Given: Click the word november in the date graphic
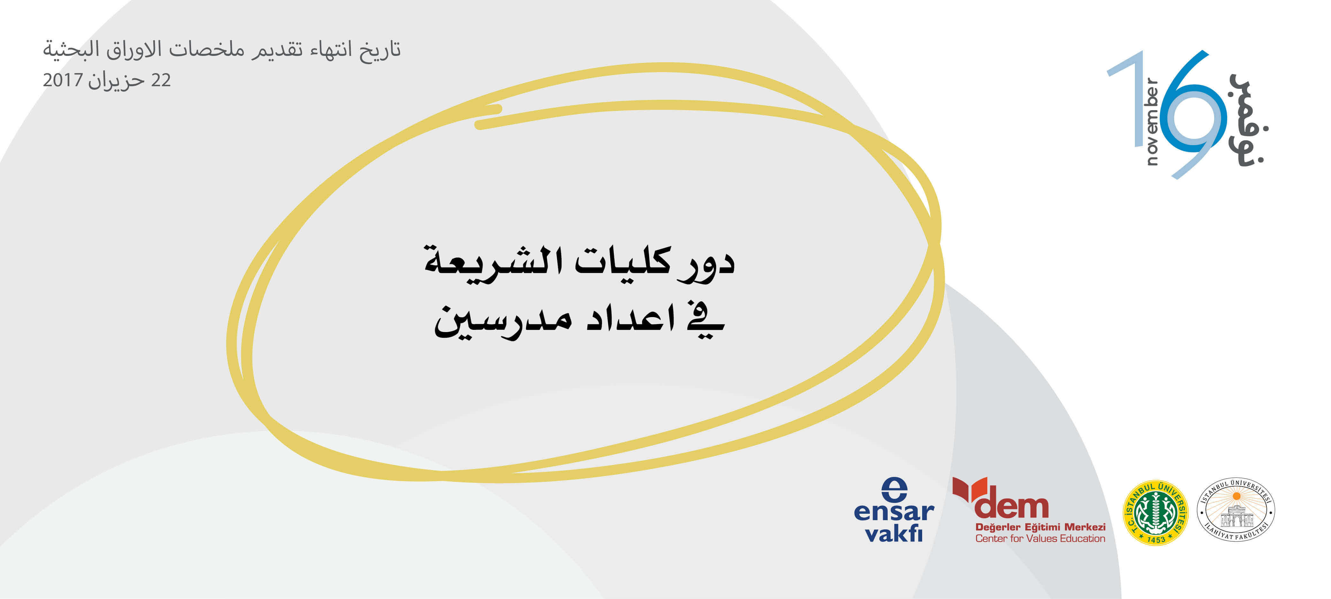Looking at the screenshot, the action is coord(1152,121).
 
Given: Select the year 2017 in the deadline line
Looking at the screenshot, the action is coord(63,80).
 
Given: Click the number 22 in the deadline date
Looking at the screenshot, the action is coord(161,80).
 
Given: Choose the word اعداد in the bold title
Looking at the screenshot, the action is coord(631,318).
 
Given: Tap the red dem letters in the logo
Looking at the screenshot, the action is coord(1011,506).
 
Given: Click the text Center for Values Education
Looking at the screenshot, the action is coord(1040,539).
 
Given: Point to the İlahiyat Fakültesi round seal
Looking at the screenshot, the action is coord(1236,510).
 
